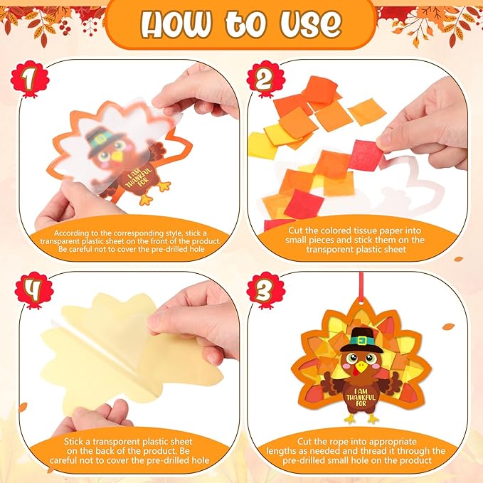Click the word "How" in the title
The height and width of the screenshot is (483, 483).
[x=177, y=23]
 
